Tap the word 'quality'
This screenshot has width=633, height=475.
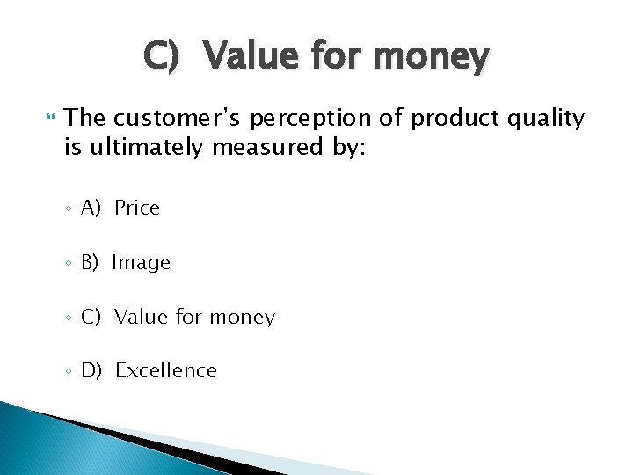pyautogui.click(x=542, y=119)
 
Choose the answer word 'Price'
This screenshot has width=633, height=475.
pyautogui.click(x=137, y=208)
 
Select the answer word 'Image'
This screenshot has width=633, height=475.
pyautogui.click(x=141, y=263)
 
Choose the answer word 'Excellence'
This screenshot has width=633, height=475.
pyautogui.click(x=165, y=371)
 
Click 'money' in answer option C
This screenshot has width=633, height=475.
pyautogui.click(x=240, y=318)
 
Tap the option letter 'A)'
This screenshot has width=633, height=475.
pyautogui.click(x=91, y=208)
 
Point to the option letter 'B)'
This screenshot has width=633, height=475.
pyautogui.click(x=91, y=263)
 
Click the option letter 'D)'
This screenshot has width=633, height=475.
pyautogui.click(x=91, y=371)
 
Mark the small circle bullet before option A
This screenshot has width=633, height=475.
pyautogui.click(x=69, y=209)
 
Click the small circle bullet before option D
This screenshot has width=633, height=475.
pyautogui.click(x=69, y=372)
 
